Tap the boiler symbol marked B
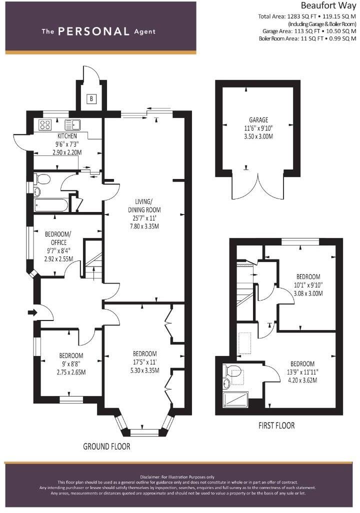click(91, 98)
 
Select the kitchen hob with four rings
click(45, 125)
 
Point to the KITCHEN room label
click(67, 136)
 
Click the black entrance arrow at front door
click(31, 313)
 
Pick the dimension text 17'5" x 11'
click(144, 362)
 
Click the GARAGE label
click(258, 120)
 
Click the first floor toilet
click(232, 371)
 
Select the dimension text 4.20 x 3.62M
click(302, 380)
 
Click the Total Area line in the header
click(307, 16)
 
